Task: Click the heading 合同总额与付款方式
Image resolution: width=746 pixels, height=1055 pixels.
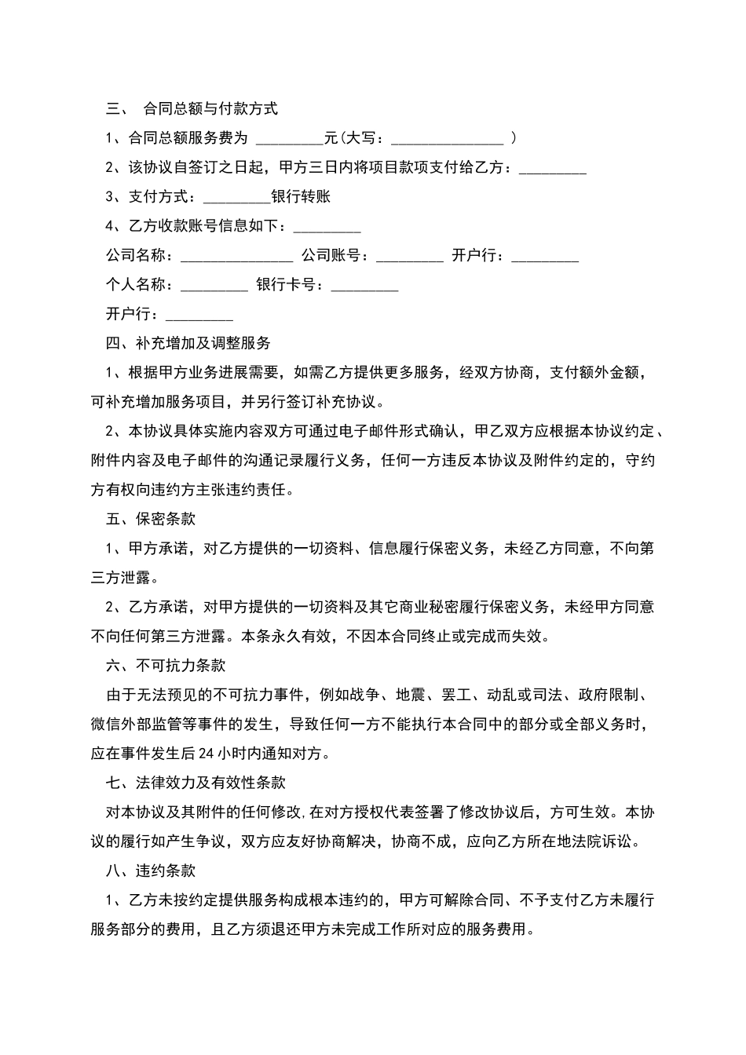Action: pos(210,108)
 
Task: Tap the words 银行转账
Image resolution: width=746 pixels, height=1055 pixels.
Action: pos(301,196)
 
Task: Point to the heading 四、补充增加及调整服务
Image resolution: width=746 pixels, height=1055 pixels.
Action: pos(188,343)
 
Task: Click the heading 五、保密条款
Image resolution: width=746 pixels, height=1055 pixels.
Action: pos(151,519)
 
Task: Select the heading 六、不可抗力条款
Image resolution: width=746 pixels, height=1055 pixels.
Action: pos(166,666)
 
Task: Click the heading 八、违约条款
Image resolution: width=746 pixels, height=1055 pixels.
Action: pos(151,871)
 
